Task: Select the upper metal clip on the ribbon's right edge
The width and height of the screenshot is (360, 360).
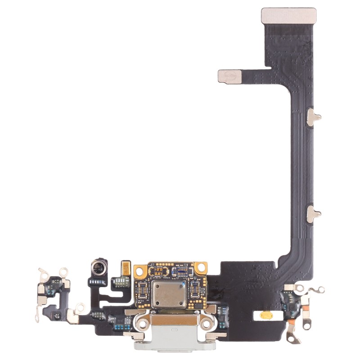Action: coord(314,116)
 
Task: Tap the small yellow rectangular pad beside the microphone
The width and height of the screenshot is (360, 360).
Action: coord(125,268)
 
